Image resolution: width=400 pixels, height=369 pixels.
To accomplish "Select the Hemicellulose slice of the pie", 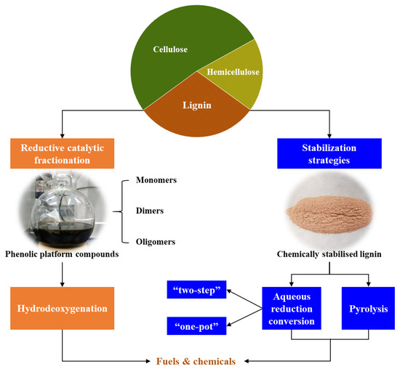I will click(x=227, y=73).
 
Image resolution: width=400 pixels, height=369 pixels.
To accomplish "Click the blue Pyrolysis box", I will click(x=367, y=309).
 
